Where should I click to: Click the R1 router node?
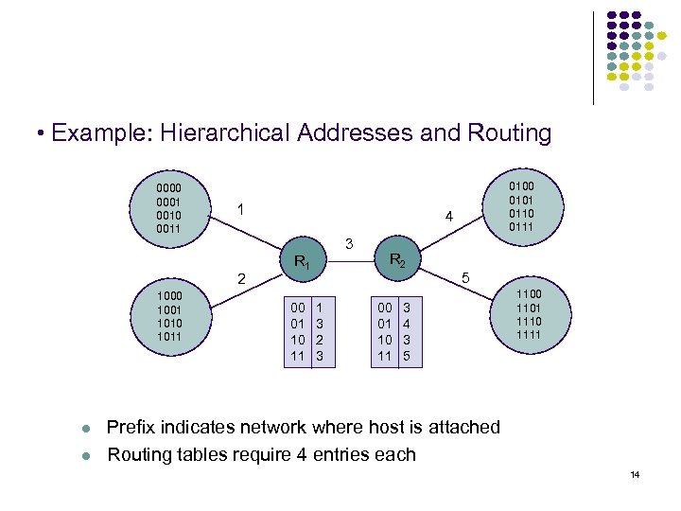(x=304, y=260)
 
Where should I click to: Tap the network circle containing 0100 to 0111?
(x=522, y=205)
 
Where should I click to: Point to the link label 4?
(x=450, y=218)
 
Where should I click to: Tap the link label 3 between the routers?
(x=349, y=244)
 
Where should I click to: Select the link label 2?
(x=242, y=279)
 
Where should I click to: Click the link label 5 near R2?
(x=465, y=279)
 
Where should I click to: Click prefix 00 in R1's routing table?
(x=297, y=308)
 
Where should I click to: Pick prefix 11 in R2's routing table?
(x=385, y=357)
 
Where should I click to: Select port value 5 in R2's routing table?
(x=408, y=357)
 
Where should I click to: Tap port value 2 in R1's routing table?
(x=320, y=341)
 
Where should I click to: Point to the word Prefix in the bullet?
(x=134, y=427)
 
